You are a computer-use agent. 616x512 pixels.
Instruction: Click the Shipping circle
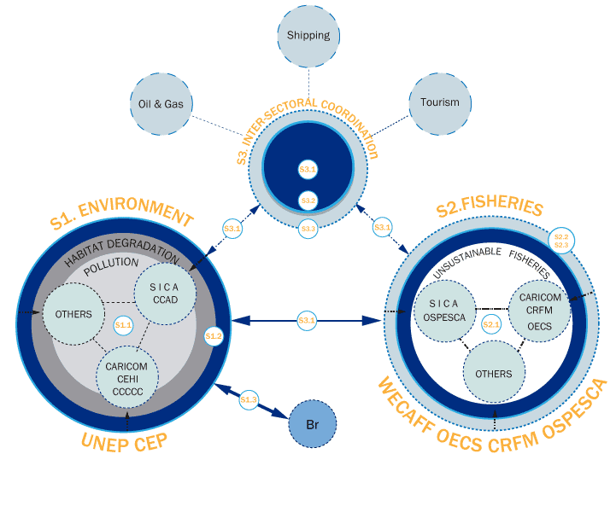[x=308, y=36]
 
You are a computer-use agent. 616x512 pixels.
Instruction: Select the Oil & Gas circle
[x=161, y=104]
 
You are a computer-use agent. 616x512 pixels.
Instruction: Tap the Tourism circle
[x=439, y=102]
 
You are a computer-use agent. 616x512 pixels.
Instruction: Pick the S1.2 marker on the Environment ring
[x=214, y=336]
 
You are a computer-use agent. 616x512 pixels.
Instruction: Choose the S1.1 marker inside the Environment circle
[x=123, y=325]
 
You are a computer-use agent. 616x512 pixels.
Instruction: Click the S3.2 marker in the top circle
[x=308, y=201]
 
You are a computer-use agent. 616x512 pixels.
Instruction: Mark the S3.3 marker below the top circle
[x=308, y=229]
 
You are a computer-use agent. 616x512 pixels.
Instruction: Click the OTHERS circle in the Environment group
[x=73, y=314]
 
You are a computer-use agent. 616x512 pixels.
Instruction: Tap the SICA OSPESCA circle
[x=444, y=309]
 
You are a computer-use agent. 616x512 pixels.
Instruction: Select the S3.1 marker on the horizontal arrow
[x=308, y=320]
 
